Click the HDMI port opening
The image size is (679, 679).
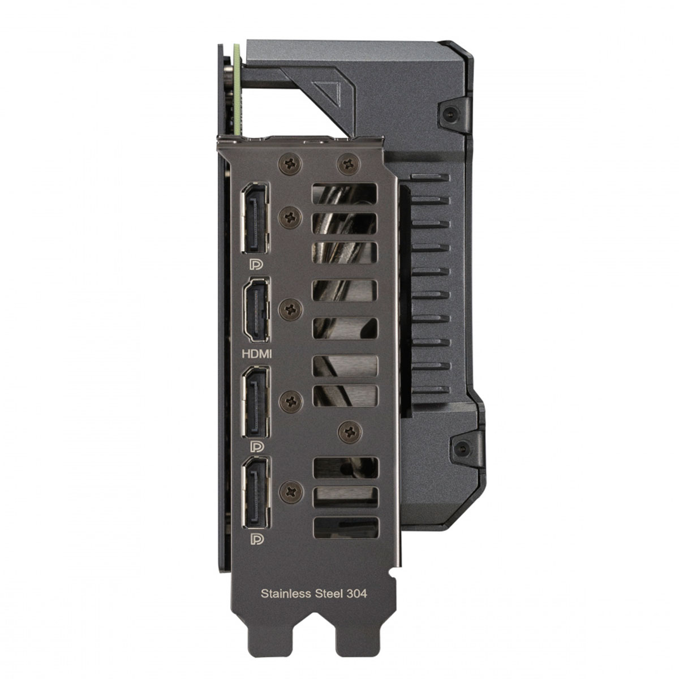pyautogui.click(x=256, y=310)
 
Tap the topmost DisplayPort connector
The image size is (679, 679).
pyautogui.click(x=255, y=218)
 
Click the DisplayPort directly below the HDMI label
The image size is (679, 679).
pyautogui.click(x=255, y=402)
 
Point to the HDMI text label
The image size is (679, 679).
pyautogui.click(x=257, y=354)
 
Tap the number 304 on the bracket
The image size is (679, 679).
pyautogui.click(x=356, y=594)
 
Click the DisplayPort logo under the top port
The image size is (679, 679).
pyautogui.click(x=256, y=264)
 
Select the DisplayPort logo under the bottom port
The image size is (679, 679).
pyautogui.click(x=256, y=539)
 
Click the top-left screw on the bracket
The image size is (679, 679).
pyautogui.click(x=290, y=164)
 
